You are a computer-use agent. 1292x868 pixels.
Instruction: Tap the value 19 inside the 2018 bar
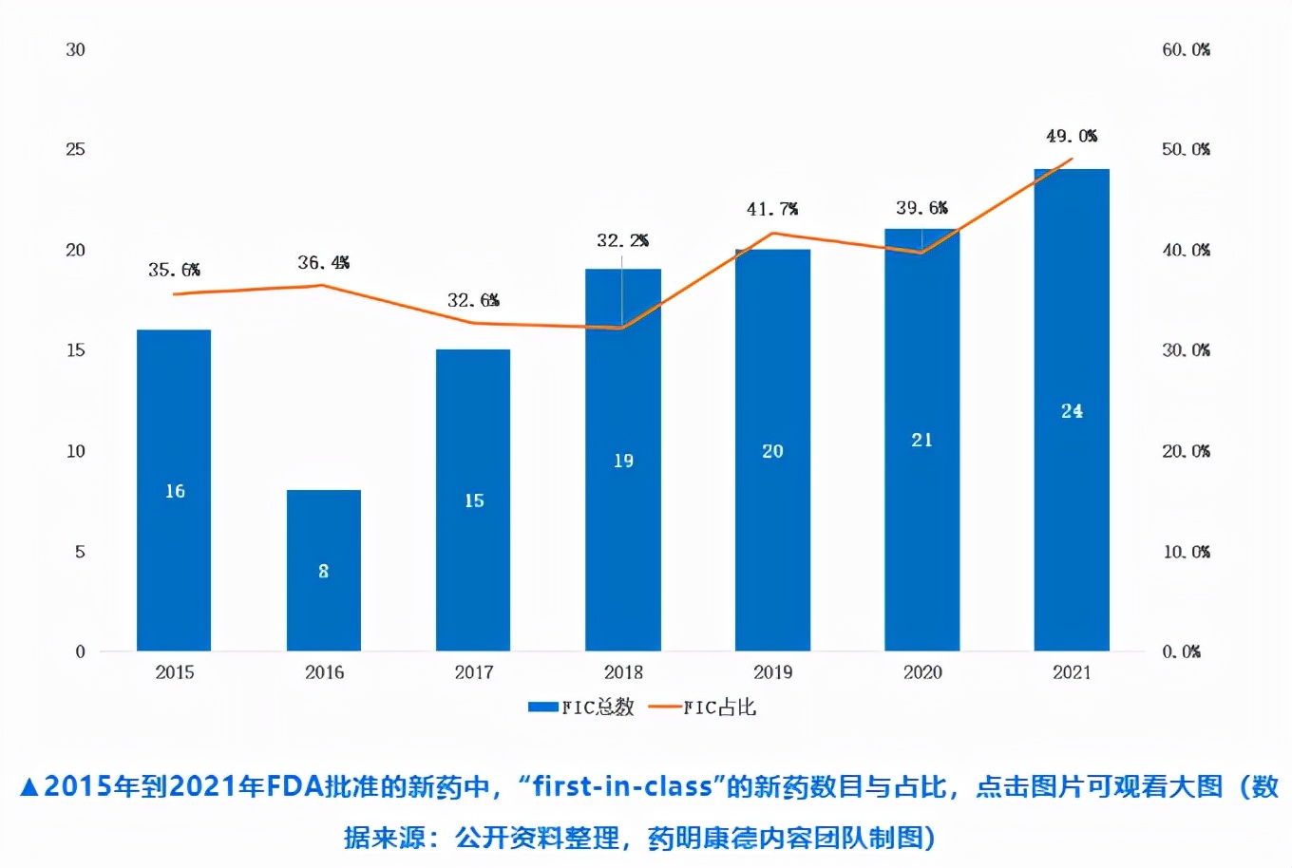623,461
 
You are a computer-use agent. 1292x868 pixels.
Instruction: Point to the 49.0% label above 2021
1072,136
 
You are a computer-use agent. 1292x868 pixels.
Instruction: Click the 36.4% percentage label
323,262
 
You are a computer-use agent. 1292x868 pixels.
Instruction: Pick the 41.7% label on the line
771,209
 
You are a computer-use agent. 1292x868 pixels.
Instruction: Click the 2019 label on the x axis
772,672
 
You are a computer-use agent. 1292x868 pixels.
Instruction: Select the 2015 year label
175,672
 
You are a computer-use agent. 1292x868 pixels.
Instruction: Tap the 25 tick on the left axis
75,149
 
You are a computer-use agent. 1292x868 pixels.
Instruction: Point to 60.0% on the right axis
1186,49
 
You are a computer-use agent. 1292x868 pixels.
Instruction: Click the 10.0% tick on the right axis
1186,552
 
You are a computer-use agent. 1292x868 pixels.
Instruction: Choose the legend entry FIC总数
581,707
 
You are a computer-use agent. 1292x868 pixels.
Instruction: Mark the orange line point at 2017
473,323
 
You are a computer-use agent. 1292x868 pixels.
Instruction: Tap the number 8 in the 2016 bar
324,571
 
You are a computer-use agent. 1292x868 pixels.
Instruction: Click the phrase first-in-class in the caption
622,786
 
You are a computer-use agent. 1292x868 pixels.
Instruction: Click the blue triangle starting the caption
28,787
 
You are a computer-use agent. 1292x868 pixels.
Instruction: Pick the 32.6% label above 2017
473,300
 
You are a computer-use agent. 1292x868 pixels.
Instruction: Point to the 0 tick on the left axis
80,651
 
